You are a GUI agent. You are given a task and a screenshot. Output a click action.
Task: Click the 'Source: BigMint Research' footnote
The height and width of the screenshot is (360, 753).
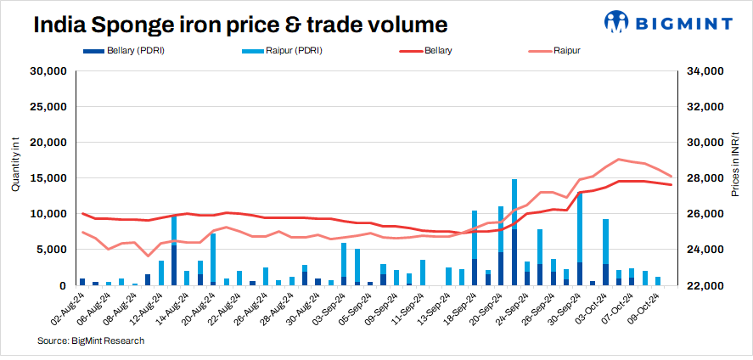pyautogui.click(x=91, y=340)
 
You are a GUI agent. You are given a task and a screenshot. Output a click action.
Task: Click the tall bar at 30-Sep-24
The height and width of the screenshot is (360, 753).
pyautogui.click(x=579, y=238)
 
